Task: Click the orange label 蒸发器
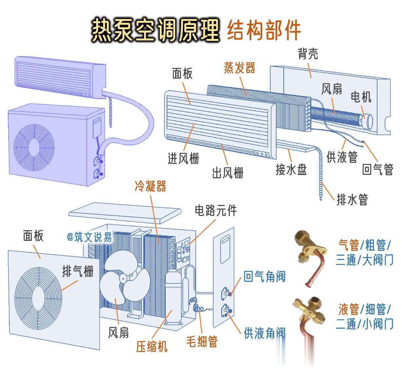239,68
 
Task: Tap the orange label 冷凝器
151,186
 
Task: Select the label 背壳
308,54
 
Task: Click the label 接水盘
291,169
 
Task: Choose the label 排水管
352,199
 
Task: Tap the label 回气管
378,169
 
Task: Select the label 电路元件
216,210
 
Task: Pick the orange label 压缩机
152,346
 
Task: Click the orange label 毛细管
202,342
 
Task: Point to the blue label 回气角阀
265,277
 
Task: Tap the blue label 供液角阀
265,333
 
